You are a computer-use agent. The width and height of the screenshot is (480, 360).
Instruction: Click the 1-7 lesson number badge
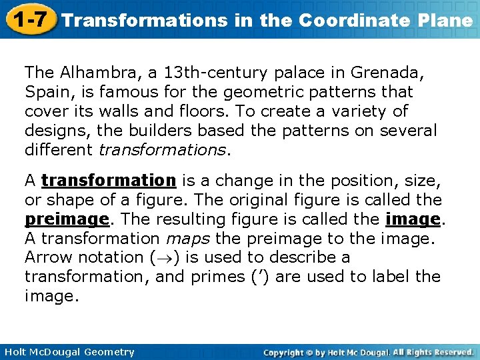pyautogui.click(x=29, y=19)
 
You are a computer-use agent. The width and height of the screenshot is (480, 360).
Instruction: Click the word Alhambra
pyautogui.click(x=95, y=72)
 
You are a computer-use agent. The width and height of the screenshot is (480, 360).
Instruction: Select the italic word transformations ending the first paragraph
pyautogui.click(x=163, y=149)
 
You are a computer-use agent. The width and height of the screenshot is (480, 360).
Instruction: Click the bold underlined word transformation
pyautogui.click(x=108, y=181)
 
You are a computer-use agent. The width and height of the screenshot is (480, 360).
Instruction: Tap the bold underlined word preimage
pyautogui.click(x=67, y=219)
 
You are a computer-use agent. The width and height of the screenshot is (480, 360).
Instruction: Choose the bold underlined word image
pyautogui.click(x=413, y=219)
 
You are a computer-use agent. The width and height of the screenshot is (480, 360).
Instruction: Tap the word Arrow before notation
pyautogui.click(x=47, y=257)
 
